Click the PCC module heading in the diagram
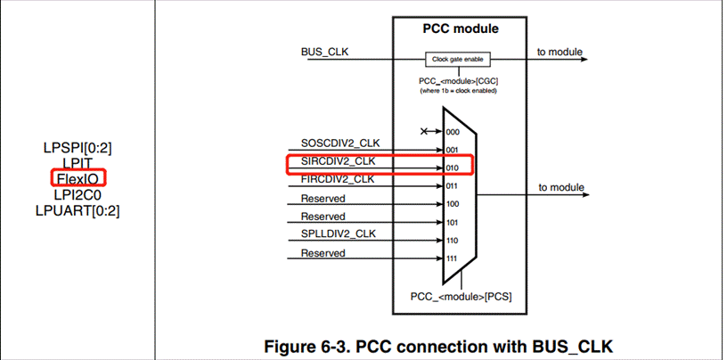(x=460, y=29)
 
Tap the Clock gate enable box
(x=460, y=60)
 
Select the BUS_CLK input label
(x=325, y=52)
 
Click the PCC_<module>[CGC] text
(x=460, y=80)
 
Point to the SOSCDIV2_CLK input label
(x=339, y=143)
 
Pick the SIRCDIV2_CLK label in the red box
(x=339, y=161)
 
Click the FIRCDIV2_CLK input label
(x=339, y=179)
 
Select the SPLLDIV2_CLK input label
(x=339, y=234)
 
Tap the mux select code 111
(x=452, y=259)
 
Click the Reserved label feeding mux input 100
(x=323, y=198)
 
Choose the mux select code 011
(x=452, y=186)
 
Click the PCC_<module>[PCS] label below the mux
(x=460, y=295)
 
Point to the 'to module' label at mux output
(x=561, y=187)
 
